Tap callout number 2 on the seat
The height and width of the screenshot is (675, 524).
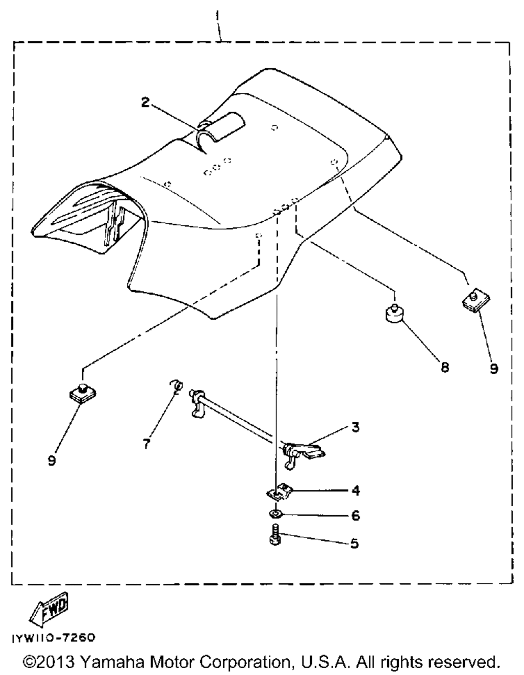pyautogui.click(x=145, y=102)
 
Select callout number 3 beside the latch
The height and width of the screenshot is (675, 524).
pyautogui.click(x=355, y=427)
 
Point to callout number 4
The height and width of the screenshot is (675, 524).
pyautogui.click(x=356, y=491)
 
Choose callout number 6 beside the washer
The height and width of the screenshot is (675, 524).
pyautogui.click(x=356, y=516)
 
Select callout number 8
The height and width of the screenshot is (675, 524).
pyautogui.click(x=445, y=367)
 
